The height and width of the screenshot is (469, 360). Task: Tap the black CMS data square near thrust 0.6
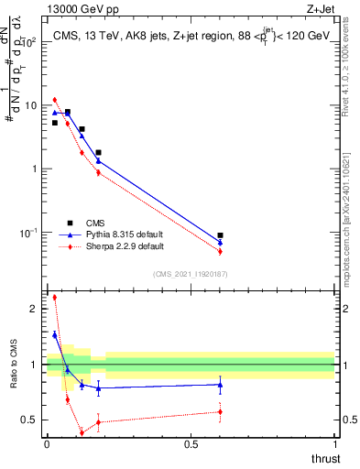click(x=220, y=235)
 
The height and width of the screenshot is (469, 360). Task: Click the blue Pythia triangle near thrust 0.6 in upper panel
click(x=220, y=242)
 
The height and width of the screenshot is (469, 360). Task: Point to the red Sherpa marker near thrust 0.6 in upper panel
click(x=220, y=251)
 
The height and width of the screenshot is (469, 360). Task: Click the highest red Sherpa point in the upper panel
click(x=55, y=99)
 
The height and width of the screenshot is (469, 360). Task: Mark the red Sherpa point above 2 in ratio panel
click(x=55, y=297)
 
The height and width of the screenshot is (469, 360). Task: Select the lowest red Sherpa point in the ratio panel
click(x=82, y=431)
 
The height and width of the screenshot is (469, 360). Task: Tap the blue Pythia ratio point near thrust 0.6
click(x=220, y=385)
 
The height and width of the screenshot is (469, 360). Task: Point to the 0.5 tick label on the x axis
click(x=191, y=444)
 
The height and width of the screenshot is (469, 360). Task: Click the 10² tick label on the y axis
click(x=30, y=42)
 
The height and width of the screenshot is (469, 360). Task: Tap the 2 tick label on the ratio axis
click(x=34, y=310)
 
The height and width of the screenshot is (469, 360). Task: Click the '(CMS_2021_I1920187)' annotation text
click(x=191, y=273)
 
